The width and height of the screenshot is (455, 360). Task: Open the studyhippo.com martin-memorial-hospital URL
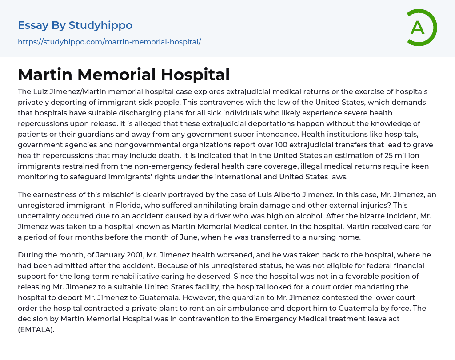pyautogui.click(x=109, y=42)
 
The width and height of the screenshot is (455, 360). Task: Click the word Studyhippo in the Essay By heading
pyautogui.click(x=100, y=25)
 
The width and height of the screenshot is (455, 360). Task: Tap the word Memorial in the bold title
pyautogui.click(x=113, y=75)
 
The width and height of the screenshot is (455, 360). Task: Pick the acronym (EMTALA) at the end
pyautogui.click(x=36, y=330)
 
